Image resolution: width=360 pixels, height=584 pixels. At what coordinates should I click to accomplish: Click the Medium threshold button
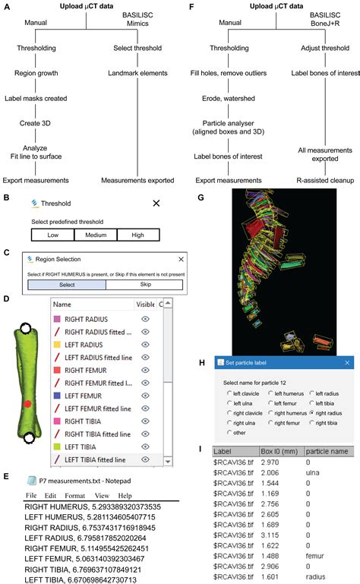click(x=95, y=235)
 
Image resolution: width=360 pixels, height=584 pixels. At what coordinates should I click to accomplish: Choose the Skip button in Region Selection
click(x=144, y=285)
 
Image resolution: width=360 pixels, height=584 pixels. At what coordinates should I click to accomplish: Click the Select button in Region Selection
click(x=66, y=285)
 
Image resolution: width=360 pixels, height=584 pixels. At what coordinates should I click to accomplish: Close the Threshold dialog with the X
click(x=156, y=204)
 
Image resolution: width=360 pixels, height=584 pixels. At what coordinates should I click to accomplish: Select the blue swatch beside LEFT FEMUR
click(x=57, y=397)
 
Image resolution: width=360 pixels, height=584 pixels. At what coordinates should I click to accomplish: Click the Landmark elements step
click(x=134, y=74)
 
